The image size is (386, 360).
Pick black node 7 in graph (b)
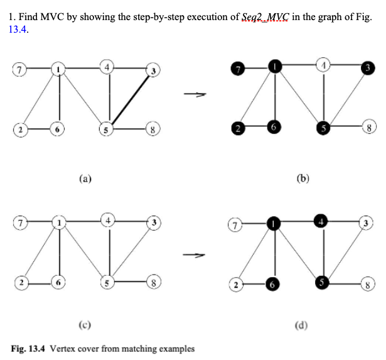tap(237, 67)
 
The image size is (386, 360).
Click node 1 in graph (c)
tap(59, 223)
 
